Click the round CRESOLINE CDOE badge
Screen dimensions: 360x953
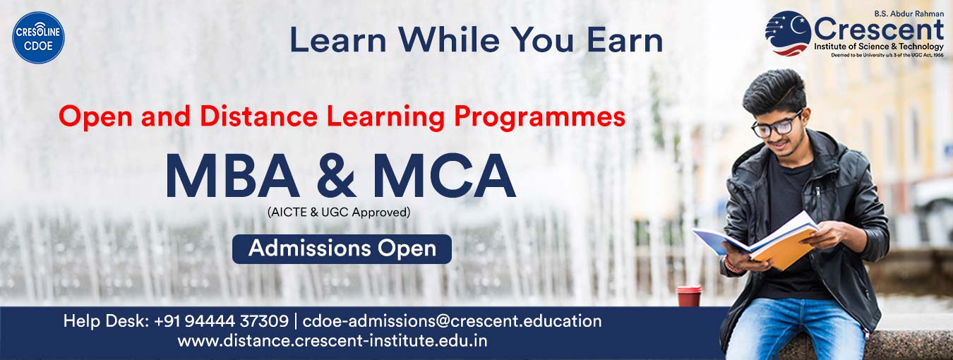38,38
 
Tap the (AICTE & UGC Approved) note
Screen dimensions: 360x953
338,211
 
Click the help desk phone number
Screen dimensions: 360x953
222,321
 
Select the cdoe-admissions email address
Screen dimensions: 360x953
452,321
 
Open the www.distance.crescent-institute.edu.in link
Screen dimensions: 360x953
332,341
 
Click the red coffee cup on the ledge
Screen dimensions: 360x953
688,296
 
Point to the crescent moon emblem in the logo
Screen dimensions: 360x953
788,32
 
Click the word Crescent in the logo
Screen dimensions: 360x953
878,30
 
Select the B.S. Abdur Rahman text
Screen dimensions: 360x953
909,13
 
